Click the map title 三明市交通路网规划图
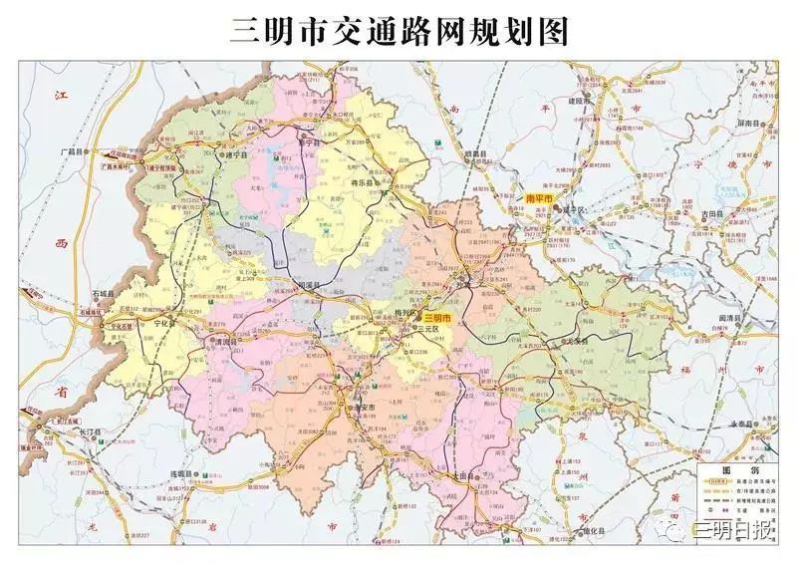(398, 30)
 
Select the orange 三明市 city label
(437, 317)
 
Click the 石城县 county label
(103, 294)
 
